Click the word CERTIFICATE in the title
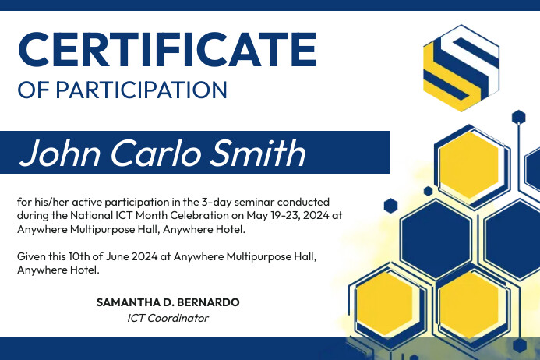point(167,49)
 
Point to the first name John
point(61,153)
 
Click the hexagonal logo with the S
point(461,68)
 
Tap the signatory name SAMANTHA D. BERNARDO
point(168,302)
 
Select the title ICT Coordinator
point(168,318)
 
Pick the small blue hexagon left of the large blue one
point(390,206)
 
